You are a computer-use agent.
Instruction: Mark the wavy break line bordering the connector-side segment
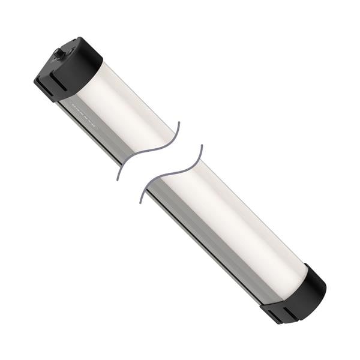click(150, 150)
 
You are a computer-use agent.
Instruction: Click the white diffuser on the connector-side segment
click(126, 108)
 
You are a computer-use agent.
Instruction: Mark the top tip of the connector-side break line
click(179, 124)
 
